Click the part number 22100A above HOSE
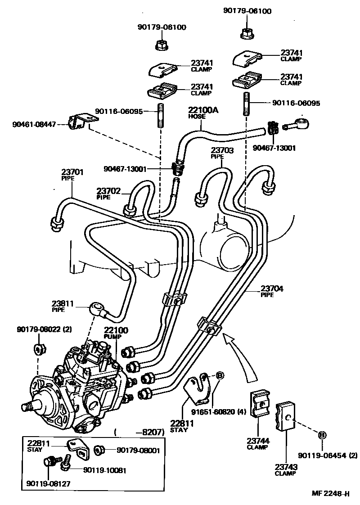[203, 110]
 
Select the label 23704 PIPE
[271, 291]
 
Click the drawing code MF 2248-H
[330, 493]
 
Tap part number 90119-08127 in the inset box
[48, 484]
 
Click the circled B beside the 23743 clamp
[322, 435]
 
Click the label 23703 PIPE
[222, 153]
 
